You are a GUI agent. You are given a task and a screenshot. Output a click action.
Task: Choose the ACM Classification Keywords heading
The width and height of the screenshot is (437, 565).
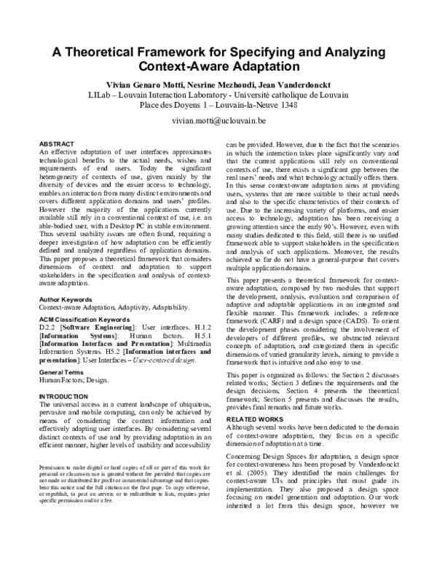(x=88, y=319)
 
